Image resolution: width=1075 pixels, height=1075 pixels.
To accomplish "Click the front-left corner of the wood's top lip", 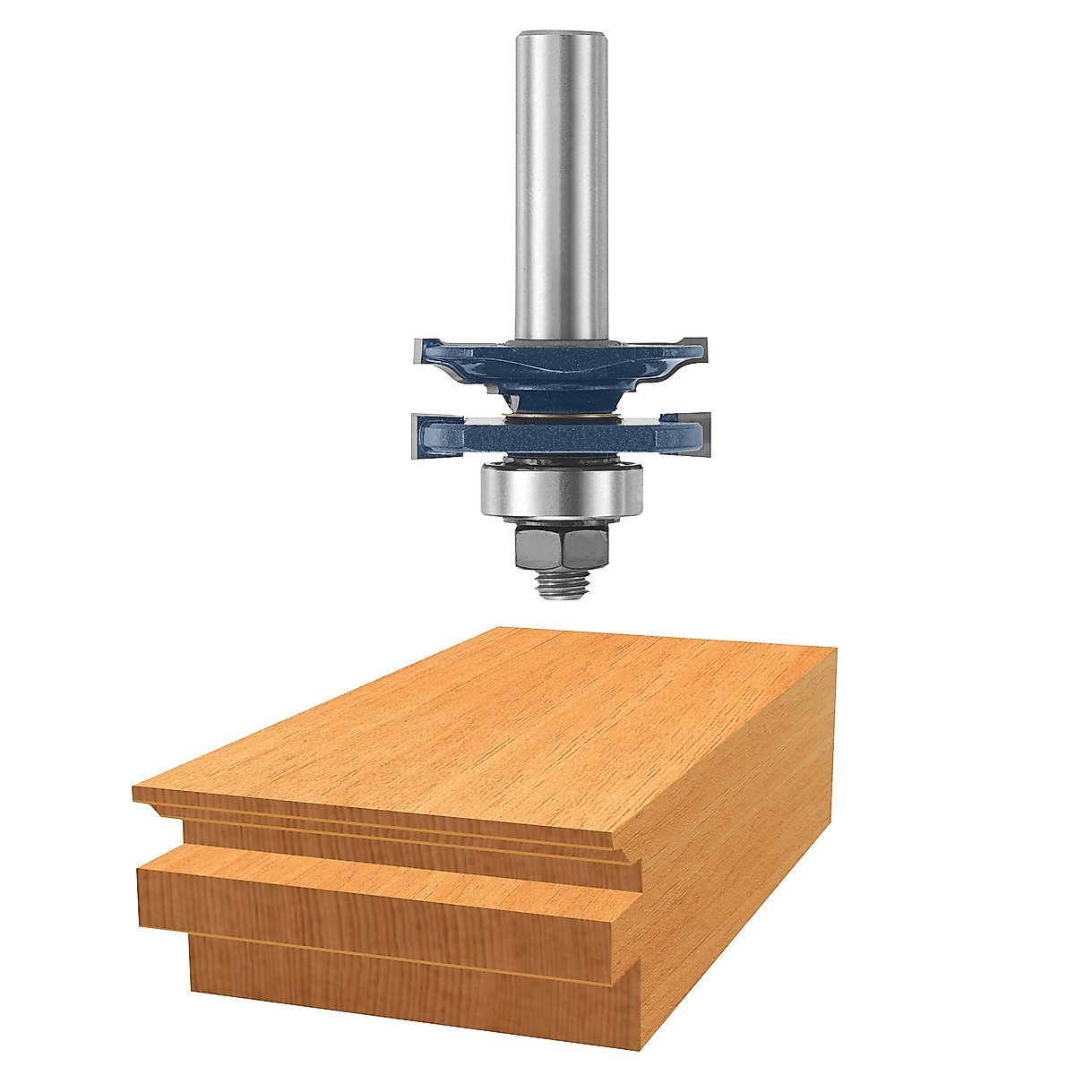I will (134, 792).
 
